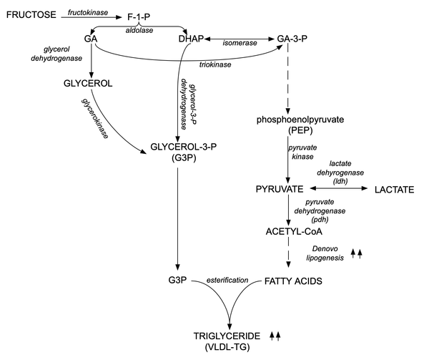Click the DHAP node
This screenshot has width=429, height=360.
click(x=192, y=39)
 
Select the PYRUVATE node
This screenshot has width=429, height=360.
click(x=280, y=189)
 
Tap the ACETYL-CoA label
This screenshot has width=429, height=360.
click(x=289, y=230)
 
